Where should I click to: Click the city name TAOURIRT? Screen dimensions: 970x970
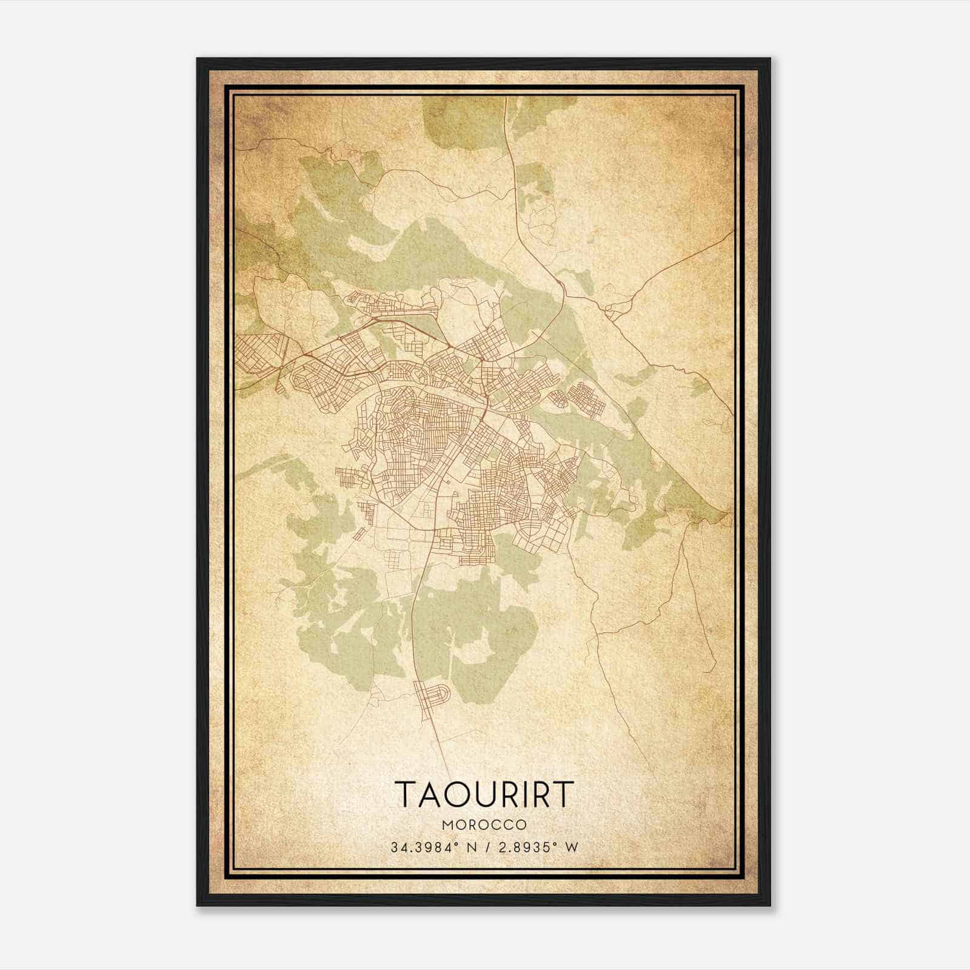coord(484,794)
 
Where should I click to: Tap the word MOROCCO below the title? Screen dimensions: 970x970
coord(484,825)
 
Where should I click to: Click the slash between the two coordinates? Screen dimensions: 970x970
coord(487,847)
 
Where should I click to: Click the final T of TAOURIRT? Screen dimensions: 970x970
coord(563,794)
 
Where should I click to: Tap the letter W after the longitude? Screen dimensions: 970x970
coord(572,847)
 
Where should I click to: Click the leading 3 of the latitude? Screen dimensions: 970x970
coord(394,847)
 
